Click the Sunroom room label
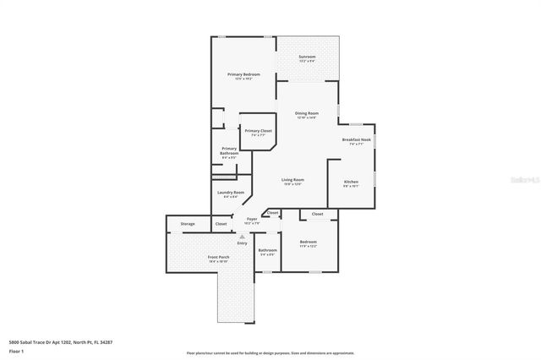click(x=307, y=57)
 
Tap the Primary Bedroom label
click(x=243, y=74)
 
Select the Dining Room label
click(x=306, y=112)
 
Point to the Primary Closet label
click(x=258, y=130)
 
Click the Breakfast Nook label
click(x=356, y=139)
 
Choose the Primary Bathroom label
click(x=229, y=151)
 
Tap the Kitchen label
click(x=350, y=181)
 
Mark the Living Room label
click(x=292, y=179)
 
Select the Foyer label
click(x=252, y=219)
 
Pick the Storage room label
click(x=188, y=224)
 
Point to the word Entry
click(x=242, y=243)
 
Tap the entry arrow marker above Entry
click(x=242, y=237)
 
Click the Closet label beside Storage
click(x=221, y=224)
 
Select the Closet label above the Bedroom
click(x=317, y=214)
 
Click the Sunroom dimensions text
click(x=307, y=62)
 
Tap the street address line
click(x=60, y=342)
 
